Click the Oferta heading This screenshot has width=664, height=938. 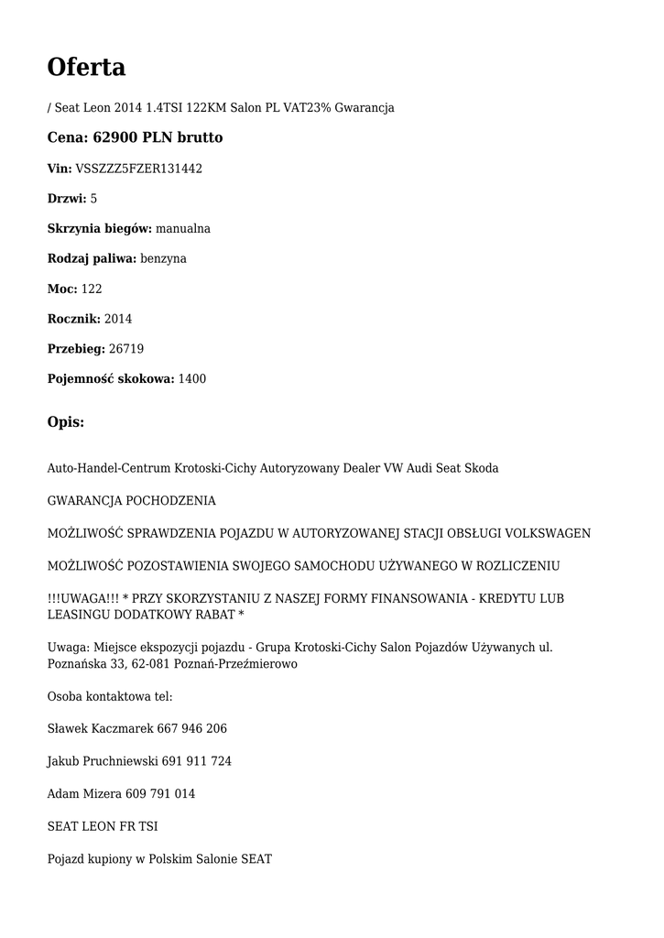click(x=86, y=67)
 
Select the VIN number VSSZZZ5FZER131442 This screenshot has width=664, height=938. click(x=138, y=169)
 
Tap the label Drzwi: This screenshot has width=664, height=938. click(x=67, y=199)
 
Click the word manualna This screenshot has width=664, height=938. click(x=183, y=229)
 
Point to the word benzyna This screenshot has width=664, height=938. click(x=163, y=259)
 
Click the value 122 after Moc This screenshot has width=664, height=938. click(x=92, y=289)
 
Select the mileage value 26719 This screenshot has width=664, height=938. click(x=125, y=349)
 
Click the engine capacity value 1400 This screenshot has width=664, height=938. click(x=191, y=379)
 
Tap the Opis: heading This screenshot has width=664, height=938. click(x=66, y=422)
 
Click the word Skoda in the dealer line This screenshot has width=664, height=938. click(x=482, y=468)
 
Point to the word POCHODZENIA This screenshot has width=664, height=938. click(x=171, y=501)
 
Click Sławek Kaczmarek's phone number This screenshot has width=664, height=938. click(x=191, y=729)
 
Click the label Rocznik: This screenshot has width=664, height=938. click(x=74, y=319)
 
